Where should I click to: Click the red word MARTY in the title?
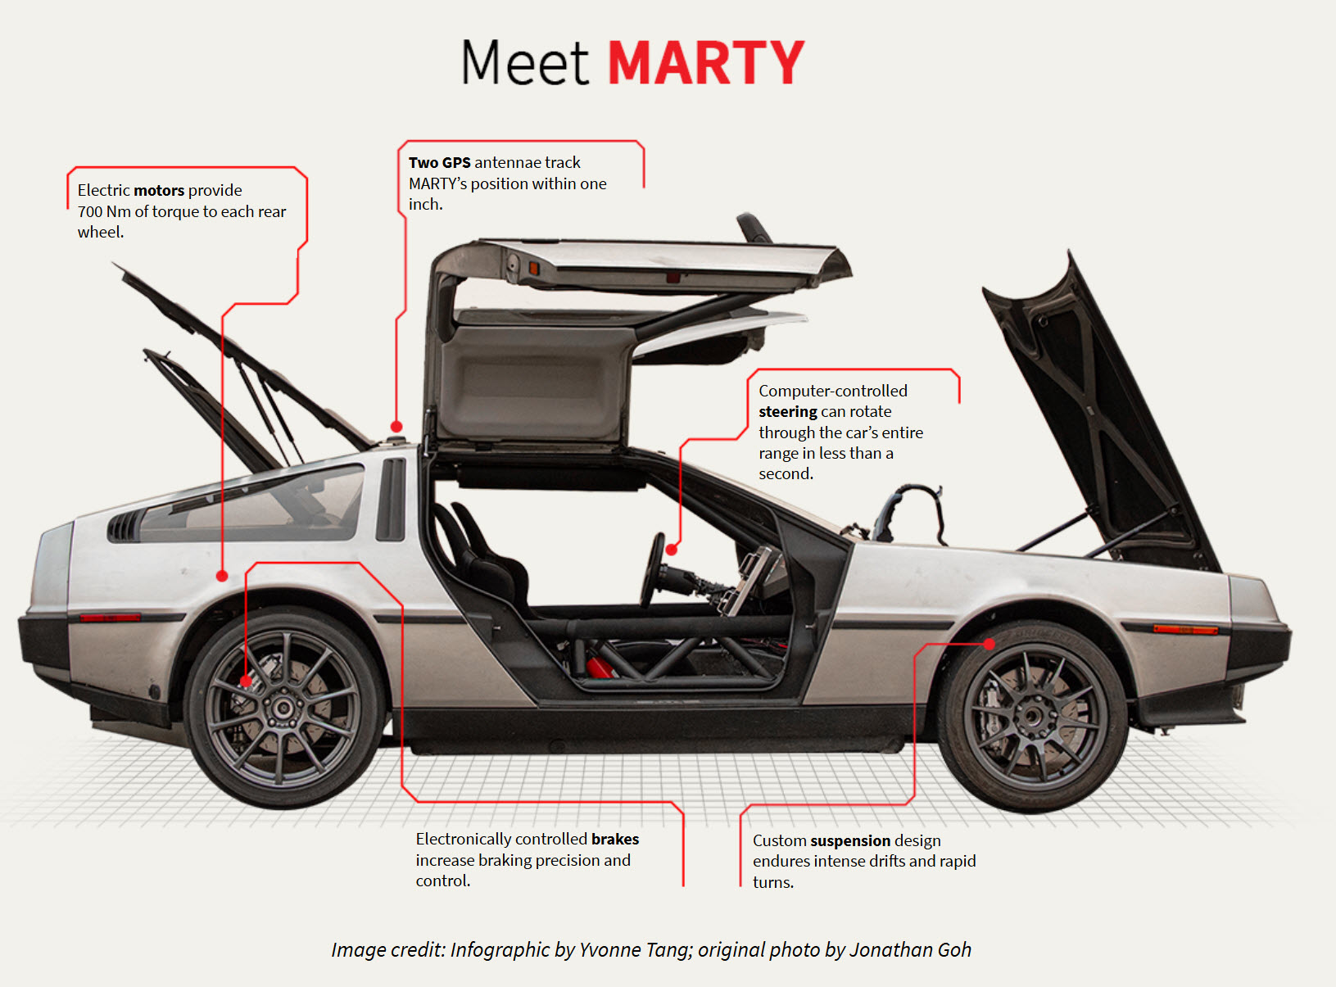pos(706,63)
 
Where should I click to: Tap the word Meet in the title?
pos(525,63)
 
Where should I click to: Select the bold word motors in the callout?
pos(159,190)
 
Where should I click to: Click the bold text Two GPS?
pos(440,162)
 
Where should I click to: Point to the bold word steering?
pos(788,411)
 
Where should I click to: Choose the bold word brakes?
pos(615,839)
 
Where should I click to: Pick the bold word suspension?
pos(850,840)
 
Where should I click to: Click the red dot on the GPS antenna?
pos(396,426)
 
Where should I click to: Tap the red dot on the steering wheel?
pos(672,550)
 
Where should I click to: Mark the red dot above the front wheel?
pos(990,644)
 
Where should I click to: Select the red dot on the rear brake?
pos(246,681)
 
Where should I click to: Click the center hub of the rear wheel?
pos(283,708)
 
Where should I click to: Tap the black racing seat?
pos(483,557)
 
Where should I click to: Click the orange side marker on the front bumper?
pos(1185,629)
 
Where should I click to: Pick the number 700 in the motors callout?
pos(90,211)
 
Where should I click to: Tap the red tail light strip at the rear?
pos(110,618)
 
